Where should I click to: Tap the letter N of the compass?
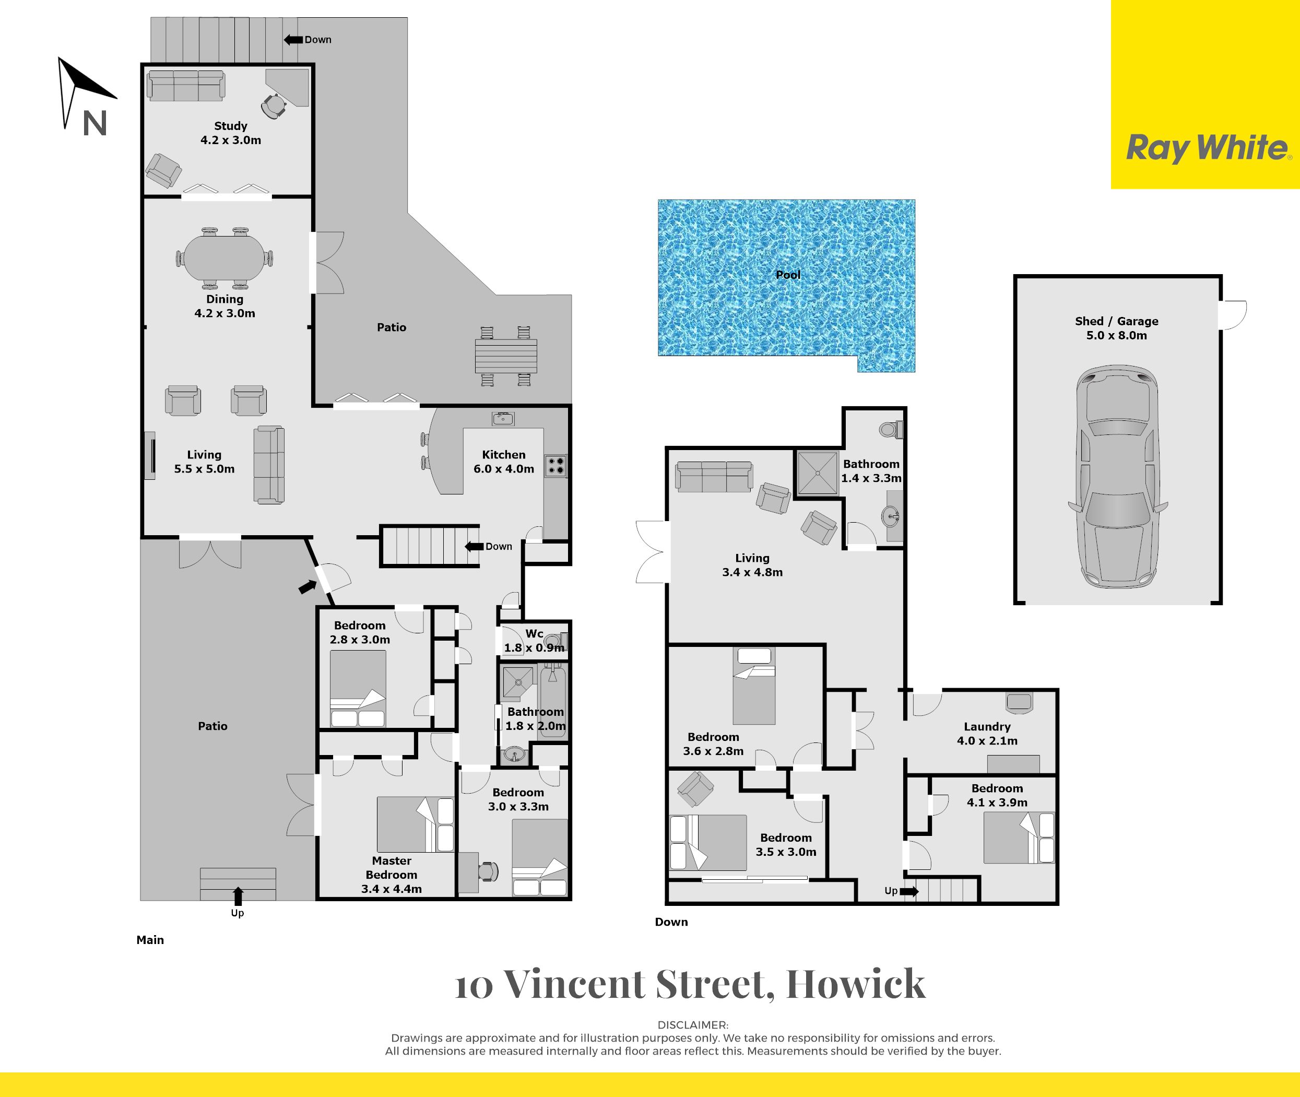pos(95,123)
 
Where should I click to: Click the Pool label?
pos(788,274)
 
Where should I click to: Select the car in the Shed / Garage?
pos(1117,476)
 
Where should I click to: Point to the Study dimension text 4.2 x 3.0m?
pos(231,140)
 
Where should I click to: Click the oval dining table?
pos(224,258)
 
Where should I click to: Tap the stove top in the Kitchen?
pos(556,466)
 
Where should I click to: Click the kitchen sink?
pos(503,419)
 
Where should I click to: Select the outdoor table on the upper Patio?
pos(505,356)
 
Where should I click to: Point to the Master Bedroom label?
pos(391,868)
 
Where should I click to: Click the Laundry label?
pos(987,726)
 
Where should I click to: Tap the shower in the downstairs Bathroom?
pos(817,473)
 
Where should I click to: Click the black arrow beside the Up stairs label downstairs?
pos(908,891)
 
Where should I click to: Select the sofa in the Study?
pos(186,86)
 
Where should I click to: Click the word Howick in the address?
pos(856,984)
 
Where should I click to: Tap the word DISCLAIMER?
pos(693,1025)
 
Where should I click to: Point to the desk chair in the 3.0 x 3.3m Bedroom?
pos(489,872)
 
